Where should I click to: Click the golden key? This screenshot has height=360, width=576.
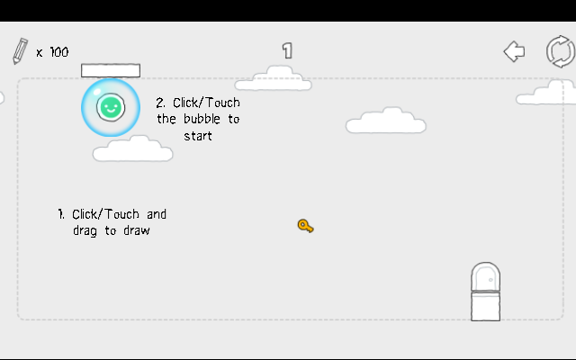(x=305, y=226)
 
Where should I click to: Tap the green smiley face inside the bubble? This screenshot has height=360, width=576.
(x=110, y=108)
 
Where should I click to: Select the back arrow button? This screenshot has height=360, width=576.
(x=514, y=51)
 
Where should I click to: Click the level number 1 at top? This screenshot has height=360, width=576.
(x=287, y=50)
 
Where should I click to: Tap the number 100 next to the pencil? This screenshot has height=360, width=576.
(x=58, y=52)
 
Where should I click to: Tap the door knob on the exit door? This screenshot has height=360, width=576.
(x=491, y=280)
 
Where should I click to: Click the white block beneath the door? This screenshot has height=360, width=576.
(x=485, y=306)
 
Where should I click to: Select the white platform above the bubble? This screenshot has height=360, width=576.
(x=111, y=70)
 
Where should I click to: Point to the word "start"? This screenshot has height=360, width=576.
(x=198, y=136)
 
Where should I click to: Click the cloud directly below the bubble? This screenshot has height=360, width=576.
(x=132, y=150)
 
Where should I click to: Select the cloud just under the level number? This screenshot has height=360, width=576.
(x=274, y=80)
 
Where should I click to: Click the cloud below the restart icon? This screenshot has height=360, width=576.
(x=549, y=92)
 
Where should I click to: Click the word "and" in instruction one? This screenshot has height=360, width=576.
(x=156, y=214)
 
